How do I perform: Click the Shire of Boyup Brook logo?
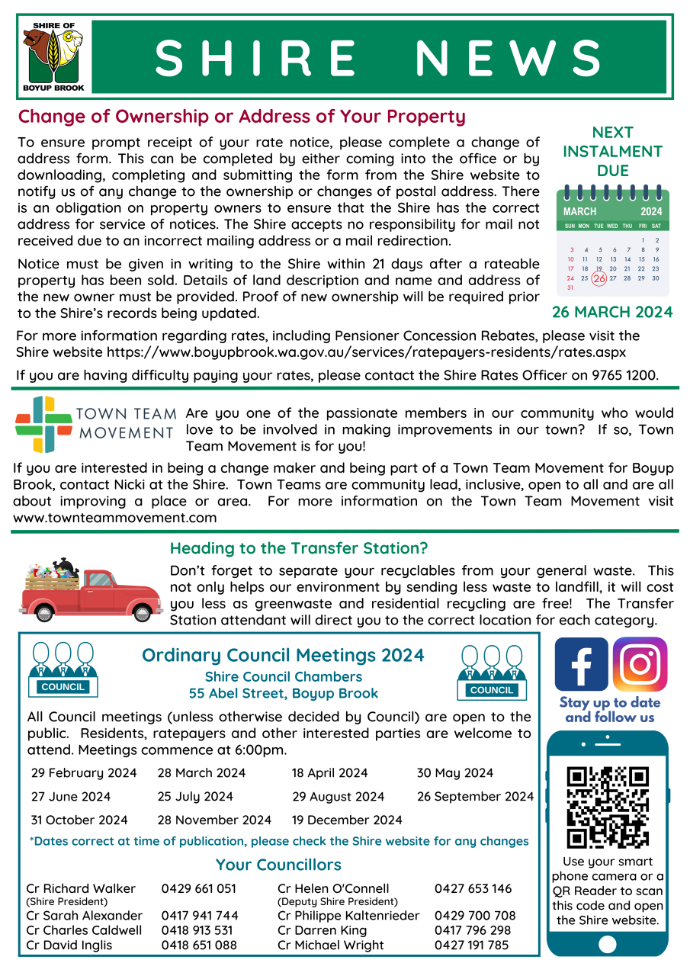pyautogui.click(x=52, y=57)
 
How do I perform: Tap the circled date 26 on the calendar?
pyautogui.click(x=599, y=278)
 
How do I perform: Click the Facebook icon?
pyautogui.click(x=581, y=664)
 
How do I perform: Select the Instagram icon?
pyautogui.click(x=640, y=664)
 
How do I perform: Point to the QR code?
pyautogui.click(x=608, y=807)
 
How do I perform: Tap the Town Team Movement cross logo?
pyautogui.click(x=43, y=424)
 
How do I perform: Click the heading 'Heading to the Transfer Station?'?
pyautogui.click(x=299, y=548)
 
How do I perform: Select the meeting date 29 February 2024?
pyautogui.click(x=84, y=773)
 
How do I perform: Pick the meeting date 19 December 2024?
pyautogui.click(x=347, y=820)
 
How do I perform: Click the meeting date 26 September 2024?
pyautogui.click(x=475, y=797)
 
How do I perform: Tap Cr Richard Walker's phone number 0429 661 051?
pyautogui.click(x=199, y=888)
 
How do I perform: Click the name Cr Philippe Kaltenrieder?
pyautogui.click(x=348, y=915)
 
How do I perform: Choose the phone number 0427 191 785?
pyautogui.click(x=471, y=945)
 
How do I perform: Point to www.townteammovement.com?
pyautogui.click(x=115, y=517)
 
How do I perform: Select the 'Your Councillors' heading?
pyautogui.click(x=278, y=865)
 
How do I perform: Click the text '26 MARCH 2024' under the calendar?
pyautogui.click(x=612, y=312)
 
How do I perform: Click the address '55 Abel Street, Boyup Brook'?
pyautogui.click(x=284, y=694)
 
